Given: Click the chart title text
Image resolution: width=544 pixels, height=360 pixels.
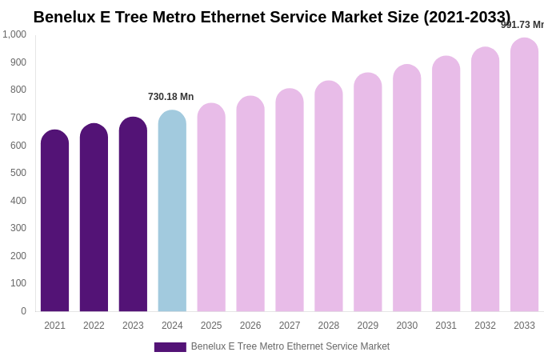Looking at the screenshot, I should [x=271, y=17].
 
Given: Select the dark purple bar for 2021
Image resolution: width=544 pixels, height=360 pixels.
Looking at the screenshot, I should [x=54, y=224].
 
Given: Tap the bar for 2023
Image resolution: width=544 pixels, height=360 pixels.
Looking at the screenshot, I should [x=133, y=216].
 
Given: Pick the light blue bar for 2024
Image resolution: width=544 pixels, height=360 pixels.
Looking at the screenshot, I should [x=172, y=212].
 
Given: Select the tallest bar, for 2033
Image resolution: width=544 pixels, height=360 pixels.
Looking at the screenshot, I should [x=524, y=176].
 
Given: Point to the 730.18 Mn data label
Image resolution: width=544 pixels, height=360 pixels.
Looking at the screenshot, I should [x=170, y=97].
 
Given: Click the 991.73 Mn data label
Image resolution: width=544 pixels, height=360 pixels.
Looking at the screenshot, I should [x=522, y=25].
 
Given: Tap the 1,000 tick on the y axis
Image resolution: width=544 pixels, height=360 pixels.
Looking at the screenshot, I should [x=14, y=34].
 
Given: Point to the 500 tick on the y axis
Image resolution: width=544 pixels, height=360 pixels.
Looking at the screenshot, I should [x=18, y=173].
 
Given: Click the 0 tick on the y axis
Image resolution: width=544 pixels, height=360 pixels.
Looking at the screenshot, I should [x=23, y=311].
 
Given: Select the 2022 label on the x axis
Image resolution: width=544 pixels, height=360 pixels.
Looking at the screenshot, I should [x=94, y=326].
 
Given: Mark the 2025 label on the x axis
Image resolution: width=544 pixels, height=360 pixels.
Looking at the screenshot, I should [x=211, y=326].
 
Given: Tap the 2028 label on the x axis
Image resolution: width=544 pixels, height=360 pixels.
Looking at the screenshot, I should [x=329, y=326].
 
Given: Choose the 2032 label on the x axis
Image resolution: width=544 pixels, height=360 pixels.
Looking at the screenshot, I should [x=485, y=326].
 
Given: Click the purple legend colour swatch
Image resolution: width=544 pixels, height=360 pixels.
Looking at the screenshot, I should [x=170, y=347].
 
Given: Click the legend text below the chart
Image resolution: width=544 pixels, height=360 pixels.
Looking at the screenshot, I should [x=290, y=346].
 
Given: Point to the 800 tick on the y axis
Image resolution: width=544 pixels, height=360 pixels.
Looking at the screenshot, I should [x=18, y=90].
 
